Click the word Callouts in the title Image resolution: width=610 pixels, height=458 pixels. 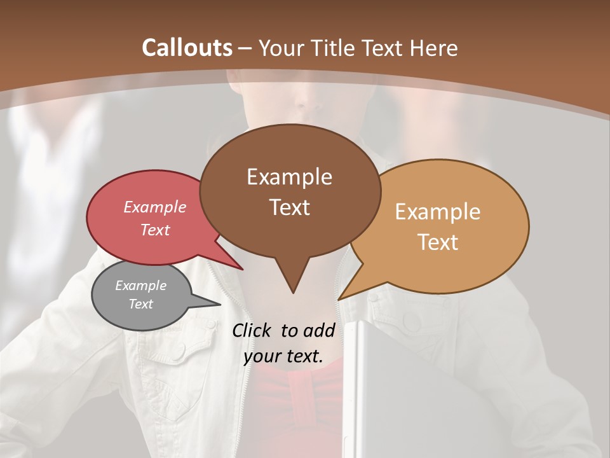pos(187,48)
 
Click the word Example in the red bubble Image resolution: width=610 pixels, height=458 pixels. pos(155,207)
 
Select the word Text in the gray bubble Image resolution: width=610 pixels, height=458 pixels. pos(141,304)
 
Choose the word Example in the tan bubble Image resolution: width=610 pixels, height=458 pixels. pos(438,212)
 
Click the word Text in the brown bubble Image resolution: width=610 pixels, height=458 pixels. pos(290,207)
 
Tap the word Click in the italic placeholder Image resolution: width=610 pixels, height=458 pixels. pos(252,330)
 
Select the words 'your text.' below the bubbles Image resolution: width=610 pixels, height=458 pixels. pos(283,356)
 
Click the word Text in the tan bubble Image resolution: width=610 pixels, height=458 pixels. pos(438,242)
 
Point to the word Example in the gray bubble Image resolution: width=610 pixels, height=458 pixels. pos(141,286)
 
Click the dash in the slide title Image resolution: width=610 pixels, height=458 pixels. pos(246,48)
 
